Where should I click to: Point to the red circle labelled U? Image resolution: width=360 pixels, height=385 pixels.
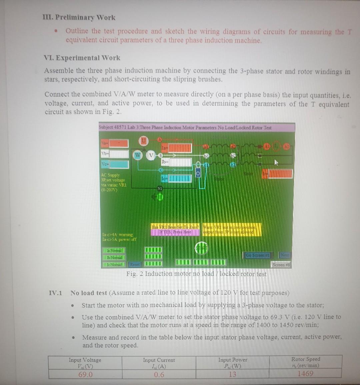pos(143,141)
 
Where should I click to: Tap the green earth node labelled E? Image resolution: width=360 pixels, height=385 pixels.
pos(160,198)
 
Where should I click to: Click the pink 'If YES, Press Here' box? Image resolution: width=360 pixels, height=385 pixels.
pos(175,232)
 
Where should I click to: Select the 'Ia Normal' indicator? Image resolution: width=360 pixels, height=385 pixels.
pos(114,250)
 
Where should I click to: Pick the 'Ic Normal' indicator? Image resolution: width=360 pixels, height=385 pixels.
pos(114,265)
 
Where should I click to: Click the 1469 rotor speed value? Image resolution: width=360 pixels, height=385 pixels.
pos(305,373)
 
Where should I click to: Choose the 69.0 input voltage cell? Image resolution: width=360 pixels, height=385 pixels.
pos(85,375)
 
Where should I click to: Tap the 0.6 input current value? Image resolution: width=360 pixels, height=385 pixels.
pos(159,375)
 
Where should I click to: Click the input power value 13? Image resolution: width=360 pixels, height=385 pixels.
pos(232,374)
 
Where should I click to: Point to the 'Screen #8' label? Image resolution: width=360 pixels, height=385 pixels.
pos(281,265)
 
